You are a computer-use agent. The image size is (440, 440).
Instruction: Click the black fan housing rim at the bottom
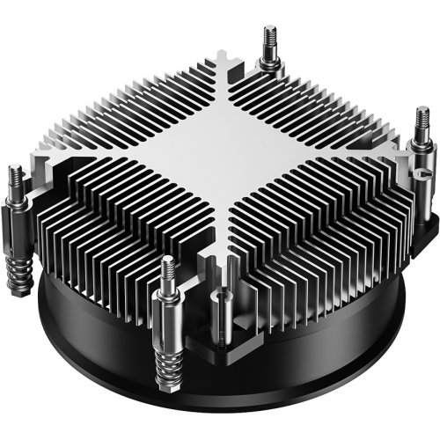point(264,387)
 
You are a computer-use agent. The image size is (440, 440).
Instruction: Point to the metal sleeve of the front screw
point(167,312)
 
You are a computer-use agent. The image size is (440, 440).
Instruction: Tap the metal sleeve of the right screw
point(420,150)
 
